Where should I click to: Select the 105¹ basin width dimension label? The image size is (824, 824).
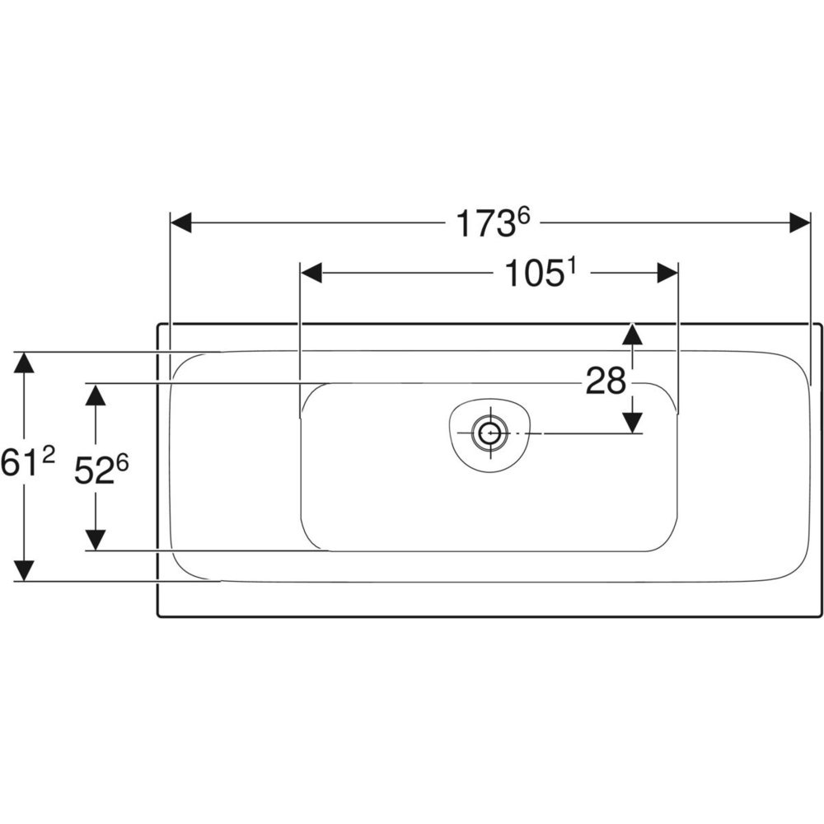click(x=541, y=274)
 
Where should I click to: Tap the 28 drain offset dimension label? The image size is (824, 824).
click(x=606, y=381)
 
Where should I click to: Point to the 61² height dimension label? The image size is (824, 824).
click(x=27, y=463)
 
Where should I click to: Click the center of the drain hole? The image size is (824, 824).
click(x=491, y=433)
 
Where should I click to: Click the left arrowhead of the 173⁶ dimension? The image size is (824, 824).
click(x=180, y=222)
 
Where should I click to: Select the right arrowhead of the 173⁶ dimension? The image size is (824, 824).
click(x=800, y=222)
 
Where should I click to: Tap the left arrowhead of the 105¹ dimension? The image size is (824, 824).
click(x=311, y=273)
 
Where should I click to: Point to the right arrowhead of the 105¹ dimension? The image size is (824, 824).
click(x=667, y=273)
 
